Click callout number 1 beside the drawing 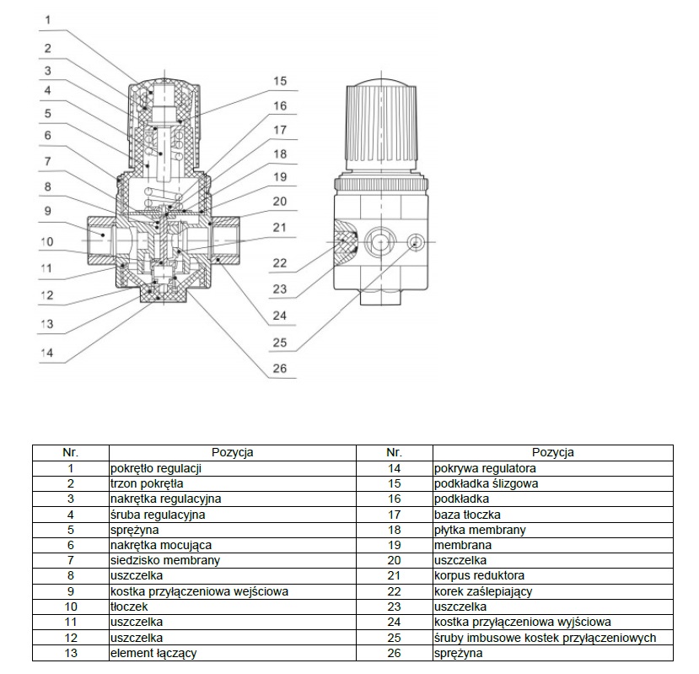pyautogui.click(x=48, y=19)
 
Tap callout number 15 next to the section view pyautogui.click(x=280, y=82)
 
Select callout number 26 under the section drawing pyautogui.click(x=280, y=368)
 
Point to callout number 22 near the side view pyautogui.click(x=280, y=264)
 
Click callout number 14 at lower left pyautogui.click(x=48, y=353)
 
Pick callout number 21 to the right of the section pyautogui.click(x=280, y=228)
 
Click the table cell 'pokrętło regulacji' pyautogui.click(x=155, y=468)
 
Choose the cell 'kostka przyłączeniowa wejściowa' pyautogui.click(x=199, y=591)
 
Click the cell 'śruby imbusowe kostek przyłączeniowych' pyautogui.click(x=545, y=638)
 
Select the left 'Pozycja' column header pyautogui.click(x=233, y=452)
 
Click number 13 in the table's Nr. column pyautogui.click(x=71, y=653)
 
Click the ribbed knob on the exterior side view pyautogui.click(x=384, y=127)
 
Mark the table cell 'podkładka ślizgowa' pyautogui.click(x=486, y=483)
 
